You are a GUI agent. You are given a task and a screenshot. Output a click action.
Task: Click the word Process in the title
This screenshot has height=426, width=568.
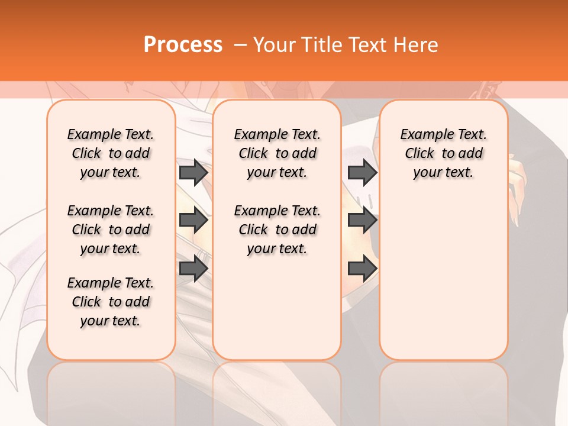pos(183,45)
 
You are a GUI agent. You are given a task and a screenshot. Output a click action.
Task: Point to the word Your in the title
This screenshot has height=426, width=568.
pos(276,45)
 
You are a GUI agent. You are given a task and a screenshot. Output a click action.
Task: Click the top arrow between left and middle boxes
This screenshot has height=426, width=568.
pos(193,172)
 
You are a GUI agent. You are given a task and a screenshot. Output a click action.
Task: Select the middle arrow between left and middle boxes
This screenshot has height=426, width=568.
pos(193,221)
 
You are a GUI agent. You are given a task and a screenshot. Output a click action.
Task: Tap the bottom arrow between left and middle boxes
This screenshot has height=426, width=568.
pos(193,269)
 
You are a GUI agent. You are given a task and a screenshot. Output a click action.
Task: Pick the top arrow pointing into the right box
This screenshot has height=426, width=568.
pos(362,172)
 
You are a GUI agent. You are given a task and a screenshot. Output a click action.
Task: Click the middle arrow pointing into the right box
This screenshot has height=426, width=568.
pos(362,221)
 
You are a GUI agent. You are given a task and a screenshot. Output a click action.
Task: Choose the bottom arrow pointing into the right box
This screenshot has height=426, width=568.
pos(362,269)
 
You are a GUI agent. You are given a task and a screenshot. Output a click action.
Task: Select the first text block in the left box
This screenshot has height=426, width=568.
pos(111,153)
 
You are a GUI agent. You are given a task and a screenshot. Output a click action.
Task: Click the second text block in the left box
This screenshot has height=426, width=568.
pos(111,230)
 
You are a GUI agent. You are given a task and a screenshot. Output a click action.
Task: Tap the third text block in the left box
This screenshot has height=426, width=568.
pos(111,302)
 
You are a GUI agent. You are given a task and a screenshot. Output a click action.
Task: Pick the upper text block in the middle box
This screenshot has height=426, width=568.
pos(277,153)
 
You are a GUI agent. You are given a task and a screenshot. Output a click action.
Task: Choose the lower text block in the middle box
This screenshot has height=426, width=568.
pos(277,230)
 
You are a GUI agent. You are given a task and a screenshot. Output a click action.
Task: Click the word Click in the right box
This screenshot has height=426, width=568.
pos(419,154)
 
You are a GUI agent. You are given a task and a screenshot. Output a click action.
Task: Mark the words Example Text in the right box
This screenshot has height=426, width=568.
pos(443,135)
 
